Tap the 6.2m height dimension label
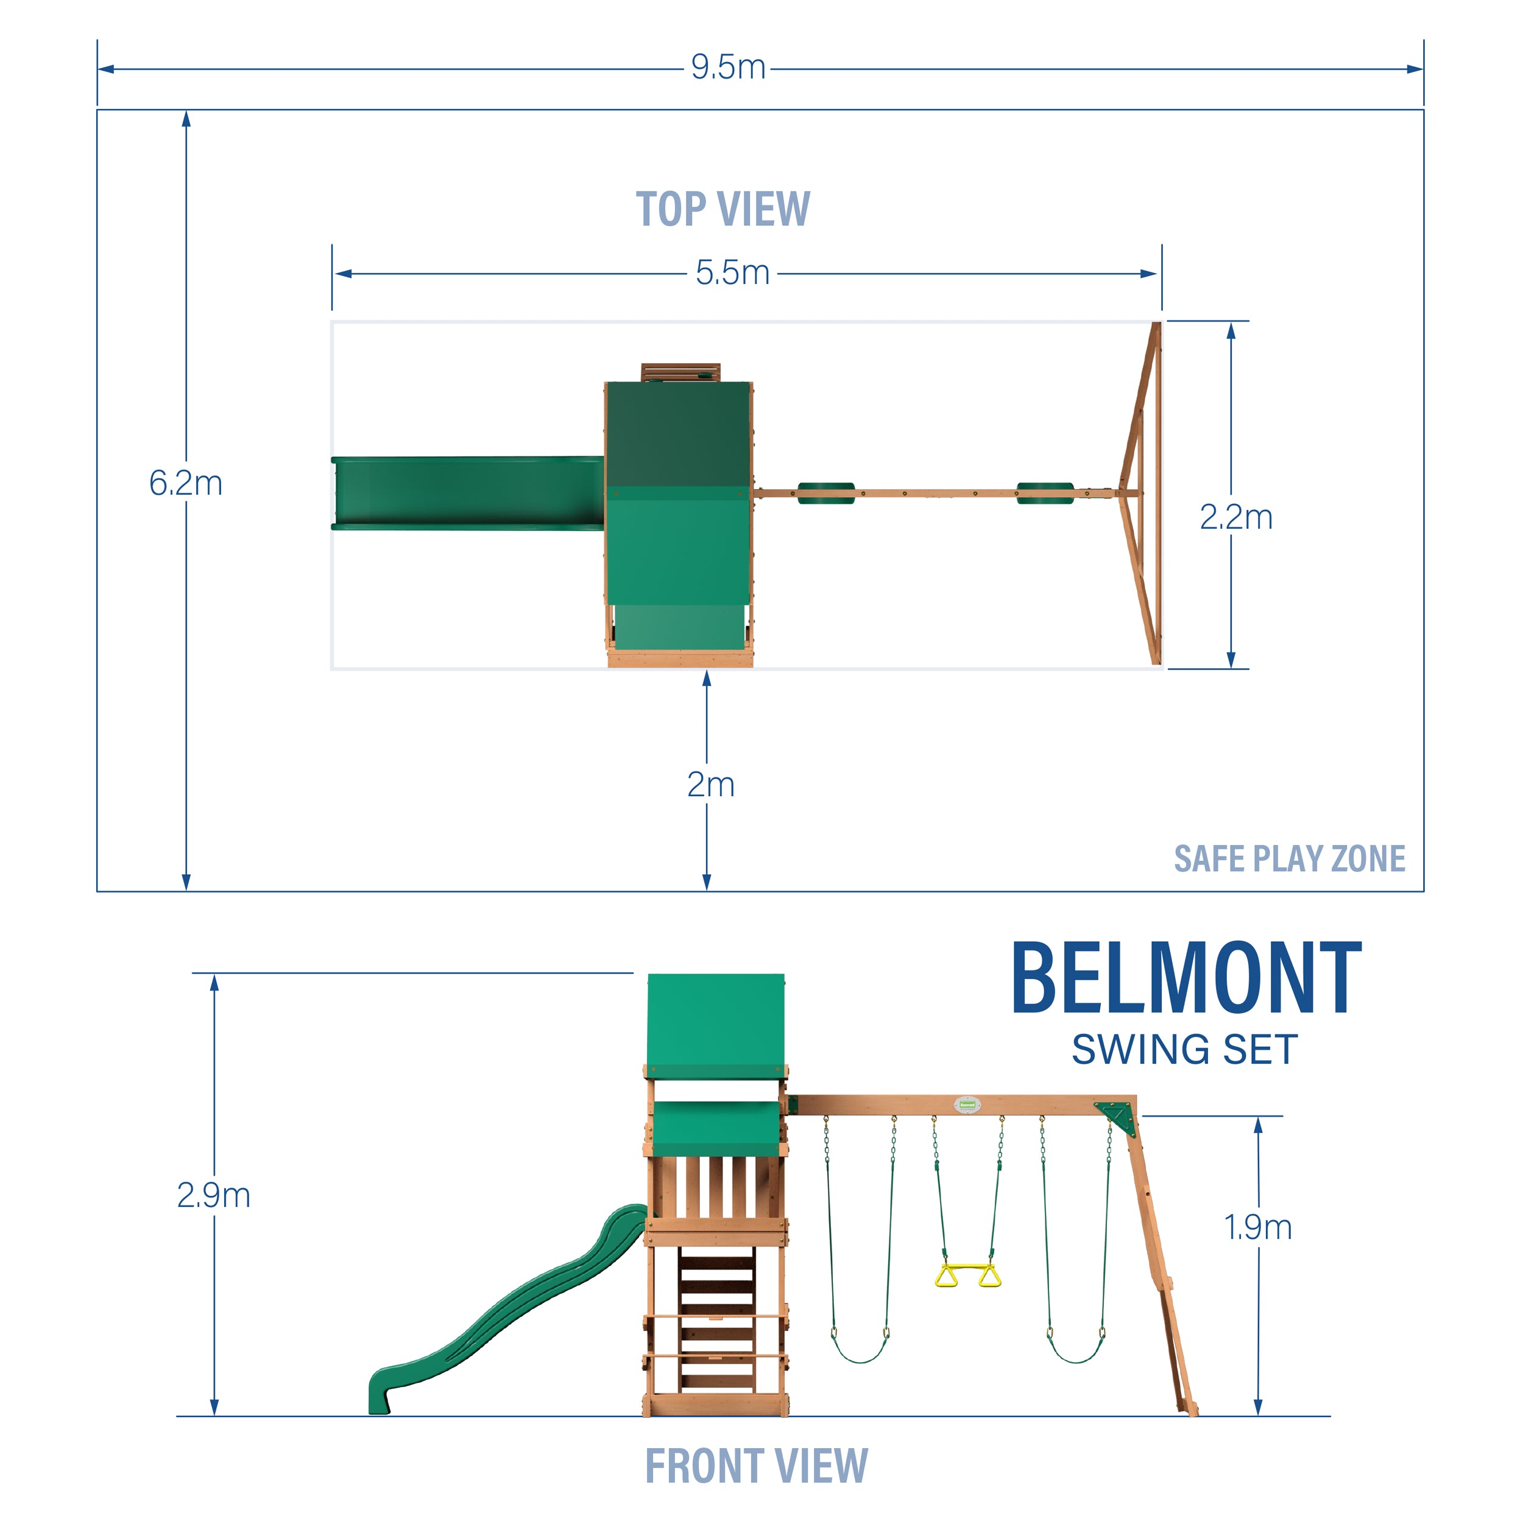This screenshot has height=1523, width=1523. (x=185, y=483)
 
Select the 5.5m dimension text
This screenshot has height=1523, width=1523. (x=732, y=274)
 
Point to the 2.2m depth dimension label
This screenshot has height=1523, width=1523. (x=1235, y=517)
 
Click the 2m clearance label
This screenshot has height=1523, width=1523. (x=710, y=785)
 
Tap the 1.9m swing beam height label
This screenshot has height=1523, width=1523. (x=1257, y=1226)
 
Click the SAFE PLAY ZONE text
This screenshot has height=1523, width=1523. (x=1289, y=858)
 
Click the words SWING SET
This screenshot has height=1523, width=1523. (x=1184, y=1049)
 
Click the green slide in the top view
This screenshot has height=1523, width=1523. (x=467, y=493)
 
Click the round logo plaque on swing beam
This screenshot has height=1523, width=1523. (x=967, y=1104)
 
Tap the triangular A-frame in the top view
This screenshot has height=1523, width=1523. (x=1140, y=494)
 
